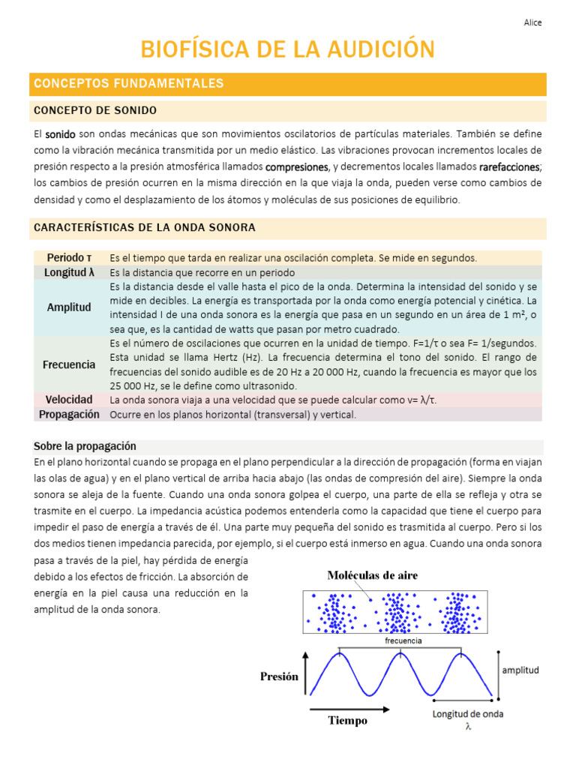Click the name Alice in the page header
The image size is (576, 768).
pos(532,22)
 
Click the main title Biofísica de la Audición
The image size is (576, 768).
pos(288,49)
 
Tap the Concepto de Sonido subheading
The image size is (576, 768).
pos(95,110)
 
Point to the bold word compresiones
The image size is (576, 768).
pos(297,166)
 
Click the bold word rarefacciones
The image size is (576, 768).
pos(509,166)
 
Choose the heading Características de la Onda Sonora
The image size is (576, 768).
pos(145,227)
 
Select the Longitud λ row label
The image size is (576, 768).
pos(69,272)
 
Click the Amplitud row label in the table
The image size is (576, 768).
pos(69,307)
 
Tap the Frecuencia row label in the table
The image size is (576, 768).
pos(69,364)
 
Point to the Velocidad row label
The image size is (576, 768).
pos(69,400)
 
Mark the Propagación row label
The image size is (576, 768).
pos(69,414)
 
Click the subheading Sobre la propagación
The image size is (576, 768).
pos(85,446)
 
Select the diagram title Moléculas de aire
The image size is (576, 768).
pos(372,575)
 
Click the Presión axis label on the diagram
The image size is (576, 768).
pos(279,676)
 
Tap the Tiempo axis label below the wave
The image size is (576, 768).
pos(347,721)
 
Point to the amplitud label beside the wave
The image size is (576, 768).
pos(520,670)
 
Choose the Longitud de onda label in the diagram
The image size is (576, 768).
pos(468,713)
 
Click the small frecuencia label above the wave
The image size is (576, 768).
pos(403,641)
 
